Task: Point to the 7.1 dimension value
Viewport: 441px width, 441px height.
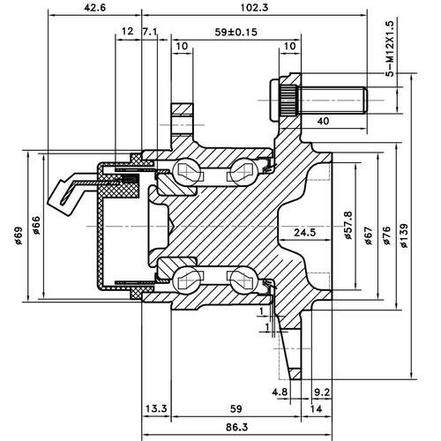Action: (x=149, y=33)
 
